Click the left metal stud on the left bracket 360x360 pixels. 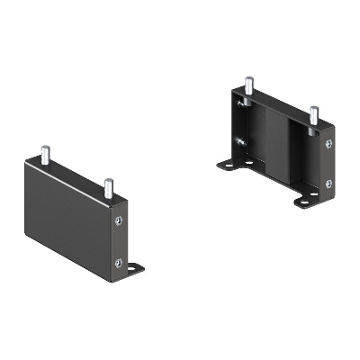point(42,156)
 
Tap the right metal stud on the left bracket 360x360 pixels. point(107,188)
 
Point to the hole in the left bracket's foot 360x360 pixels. point(137,268)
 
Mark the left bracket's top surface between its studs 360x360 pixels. point(76,176)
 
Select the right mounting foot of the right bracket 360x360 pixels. point(306,199)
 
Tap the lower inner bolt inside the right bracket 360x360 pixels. point(239,141)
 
